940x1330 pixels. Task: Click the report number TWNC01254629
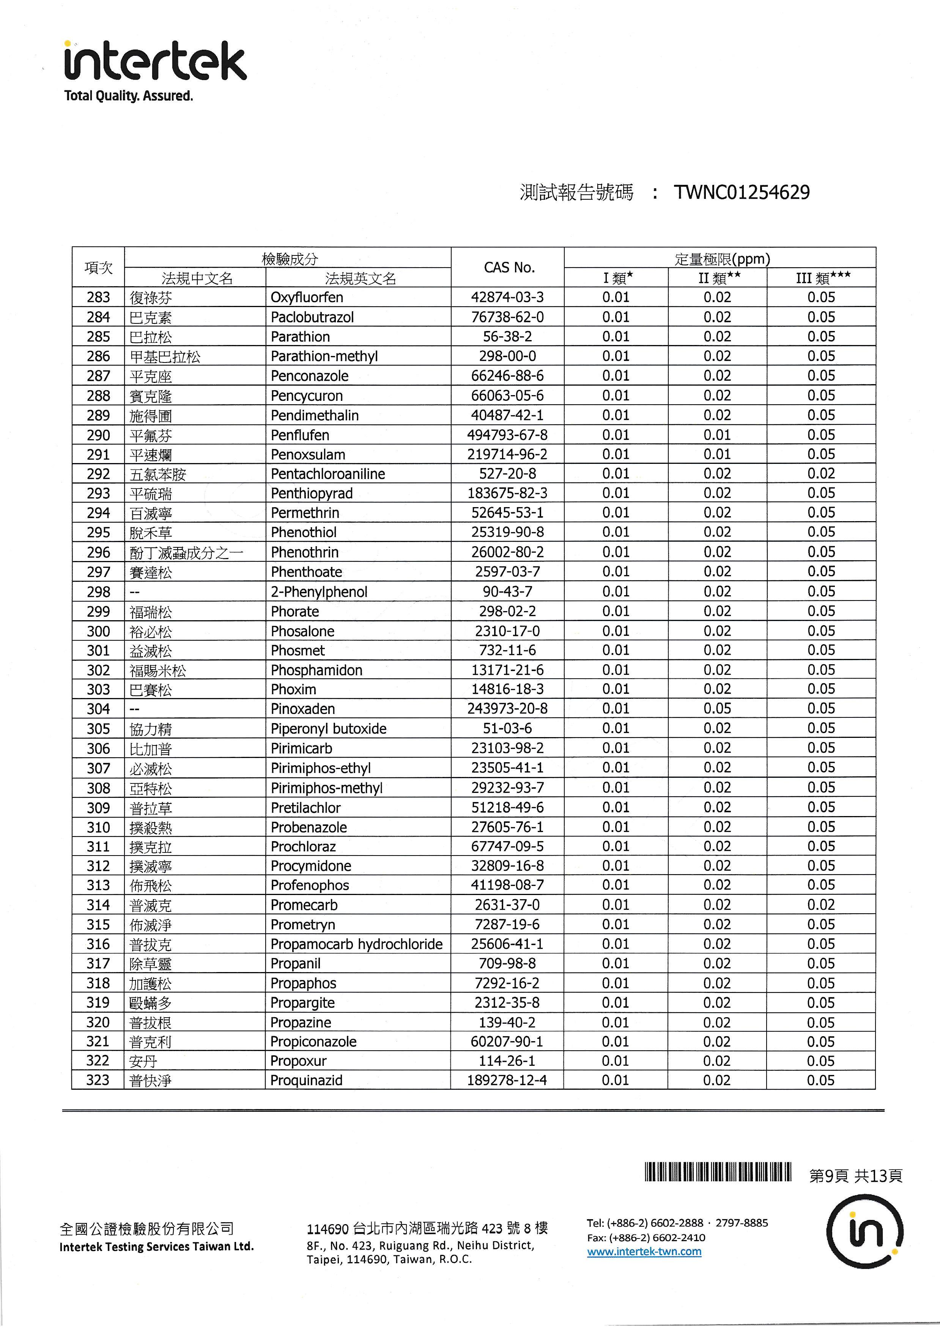(742, 192)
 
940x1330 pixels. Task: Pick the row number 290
(98, 435)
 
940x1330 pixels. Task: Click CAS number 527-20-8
(507, 474)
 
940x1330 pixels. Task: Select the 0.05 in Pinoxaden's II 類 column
(717, 708)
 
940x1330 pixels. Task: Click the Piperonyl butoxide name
(328, 729)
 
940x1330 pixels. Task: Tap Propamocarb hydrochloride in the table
(356, 944)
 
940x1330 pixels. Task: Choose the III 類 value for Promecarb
(821, 905)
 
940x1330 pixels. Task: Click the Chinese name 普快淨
(151, 1081)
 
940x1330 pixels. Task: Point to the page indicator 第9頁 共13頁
(855, 1176)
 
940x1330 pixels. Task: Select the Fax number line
(646, 1237)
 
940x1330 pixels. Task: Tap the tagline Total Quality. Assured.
(129, 96)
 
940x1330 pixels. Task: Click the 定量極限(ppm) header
(722, 259)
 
